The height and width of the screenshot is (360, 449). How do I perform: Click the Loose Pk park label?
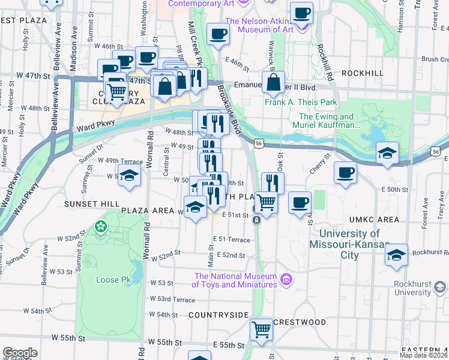click(113, 280)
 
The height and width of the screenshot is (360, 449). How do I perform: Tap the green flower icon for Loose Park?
click(101, 227)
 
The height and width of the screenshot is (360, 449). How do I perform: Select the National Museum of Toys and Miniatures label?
click(235, 280)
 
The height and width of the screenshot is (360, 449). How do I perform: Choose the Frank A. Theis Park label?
click(301, 102)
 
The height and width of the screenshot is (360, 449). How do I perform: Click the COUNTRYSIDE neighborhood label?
click(218, 314)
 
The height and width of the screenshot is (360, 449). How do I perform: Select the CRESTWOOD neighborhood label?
click(300, 322)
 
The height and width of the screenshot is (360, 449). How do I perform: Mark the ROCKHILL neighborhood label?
click(362, 73)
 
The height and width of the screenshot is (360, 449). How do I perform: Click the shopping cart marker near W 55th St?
click(261, 329)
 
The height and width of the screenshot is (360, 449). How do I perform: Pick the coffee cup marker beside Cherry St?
click(345, 173)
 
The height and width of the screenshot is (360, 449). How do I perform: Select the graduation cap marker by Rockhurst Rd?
click(396, 254)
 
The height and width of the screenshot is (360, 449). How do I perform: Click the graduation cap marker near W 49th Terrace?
click(129, 176)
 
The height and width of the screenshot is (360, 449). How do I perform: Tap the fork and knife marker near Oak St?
click(273, 182)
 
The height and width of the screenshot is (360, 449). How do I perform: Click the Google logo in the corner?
click(20, 353)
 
